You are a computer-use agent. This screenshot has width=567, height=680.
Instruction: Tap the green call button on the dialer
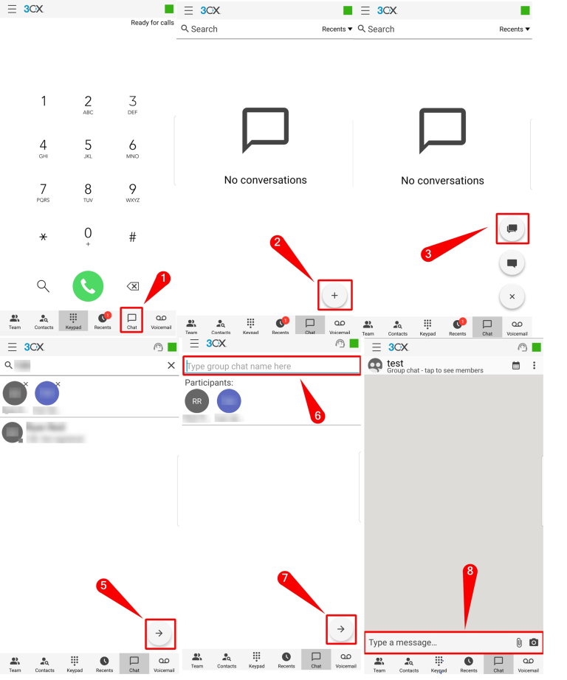click(88, 286)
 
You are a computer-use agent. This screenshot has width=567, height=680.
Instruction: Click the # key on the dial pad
click(133, 237)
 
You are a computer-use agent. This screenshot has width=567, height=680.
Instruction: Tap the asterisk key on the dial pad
click(43, 237)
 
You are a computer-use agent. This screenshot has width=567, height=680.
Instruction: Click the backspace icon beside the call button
click(133, 286)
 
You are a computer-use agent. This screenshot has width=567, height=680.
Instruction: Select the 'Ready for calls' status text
click(152, 23)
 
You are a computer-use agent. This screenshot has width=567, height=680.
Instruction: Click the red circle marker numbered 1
click(165, 278)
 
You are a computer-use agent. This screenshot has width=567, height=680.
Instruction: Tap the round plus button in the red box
click(334, 295)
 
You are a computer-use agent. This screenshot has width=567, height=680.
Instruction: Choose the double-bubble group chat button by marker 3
click(512, 229)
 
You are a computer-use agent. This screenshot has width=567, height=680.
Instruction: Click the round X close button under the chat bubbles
click(512, 296)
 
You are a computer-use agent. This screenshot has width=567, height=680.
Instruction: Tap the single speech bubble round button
click(512, 263)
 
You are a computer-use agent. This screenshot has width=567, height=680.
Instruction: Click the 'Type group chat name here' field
click(271, 366)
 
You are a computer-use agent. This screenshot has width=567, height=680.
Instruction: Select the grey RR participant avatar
click(196, 401)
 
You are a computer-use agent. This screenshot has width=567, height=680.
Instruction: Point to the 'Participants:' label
click(210, 383)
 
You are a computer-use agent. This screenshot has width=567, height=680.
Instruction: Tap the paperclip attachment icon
click(519, 642)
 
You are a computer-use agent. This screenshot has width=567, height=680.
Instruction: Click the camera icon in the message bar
click(534, 642)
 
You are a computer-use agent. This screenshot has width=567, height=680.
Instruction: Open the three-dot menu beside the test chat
click(534, 365)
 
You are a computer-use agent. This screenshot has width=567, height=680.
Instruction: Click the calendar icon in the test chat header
click(516, 365)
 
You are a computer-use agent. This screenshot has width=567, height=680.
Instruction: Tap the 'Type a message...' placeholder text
click(402, 642)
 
